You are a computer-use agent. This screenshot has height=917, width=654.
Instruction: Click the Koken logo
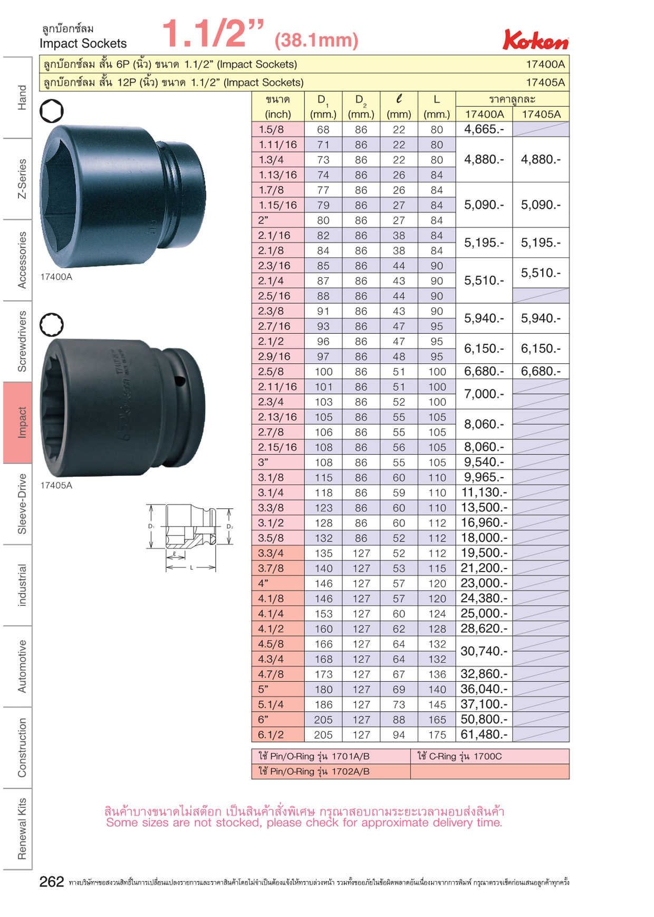pos(536,40)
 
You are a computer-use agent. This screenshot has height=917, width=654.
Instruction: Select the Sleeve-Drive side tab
pos(22,504)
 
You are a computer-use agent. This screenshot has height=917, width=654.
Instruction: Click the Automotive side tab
pos(22,666)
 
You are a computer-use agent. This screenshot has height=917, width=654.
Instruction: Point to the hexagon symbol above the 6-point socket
pos(51,111)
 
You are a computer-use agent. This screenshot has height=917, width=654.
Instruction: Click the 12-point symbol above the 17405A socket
pos(51,325)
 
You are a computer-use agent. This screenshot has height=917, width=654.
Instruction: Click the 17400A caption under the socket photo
pos(56,277)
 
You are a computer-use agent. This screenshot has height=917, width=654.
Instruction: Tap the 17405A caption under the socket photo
pos(56,486)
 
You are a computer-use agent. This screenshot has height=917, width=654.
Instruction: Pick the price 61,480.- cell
pos(484,735)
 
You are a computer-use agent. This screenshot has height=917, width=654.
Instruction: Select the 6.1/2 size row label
pos(271,735)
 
